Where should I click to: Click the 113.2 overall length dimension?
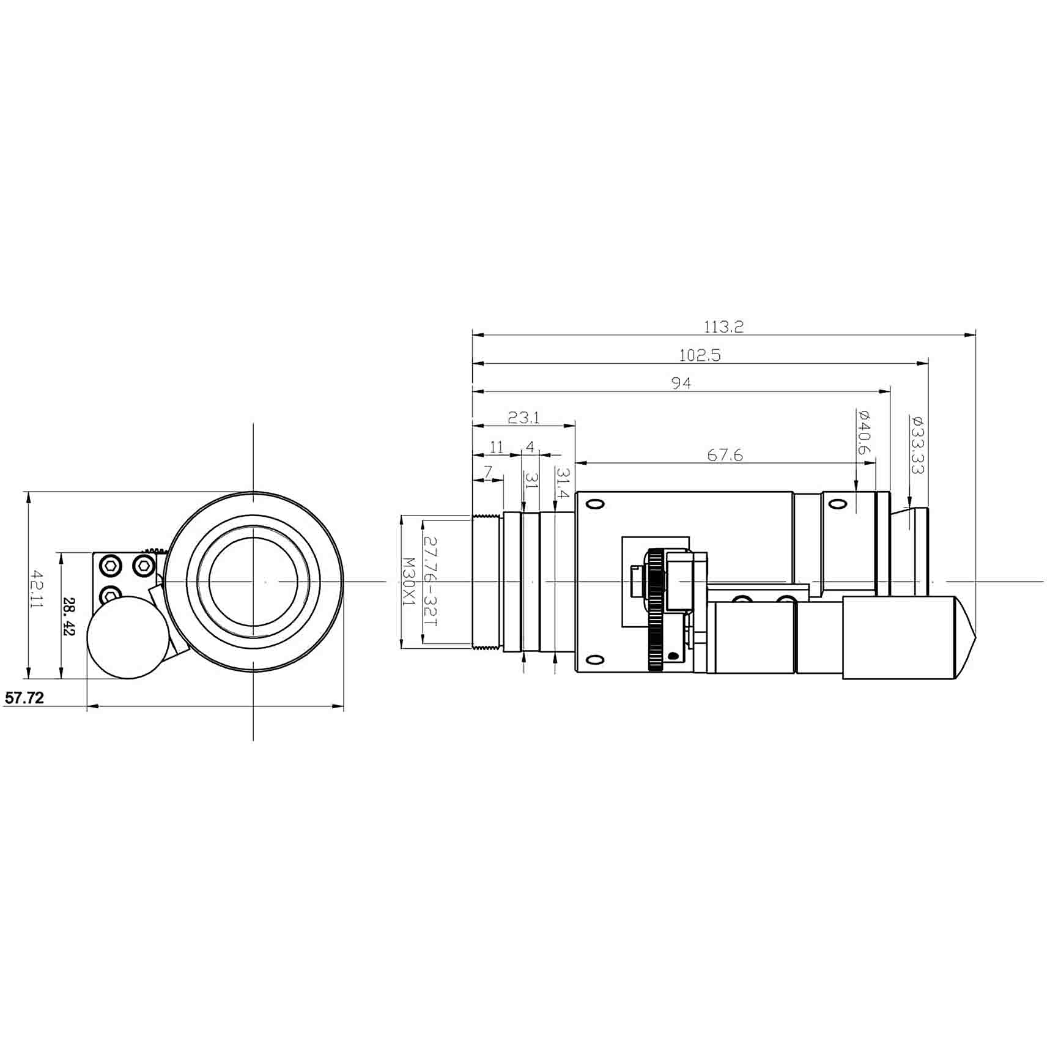[x=723, y=327]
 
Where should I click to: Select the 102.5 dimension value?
[x=700, y=355]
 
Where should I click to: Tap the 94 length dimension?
[x=681, y=383]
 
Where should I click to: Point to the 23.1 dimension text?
[x=524, y=418]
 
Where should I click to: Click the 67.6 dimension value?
[x=725, y=455]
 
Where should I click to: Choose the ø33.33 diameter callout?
[x=917, y=445]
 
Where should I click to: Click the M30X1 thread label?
[x=409, y=582]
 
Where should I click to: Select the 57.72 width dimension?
[x=24, y=698]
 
